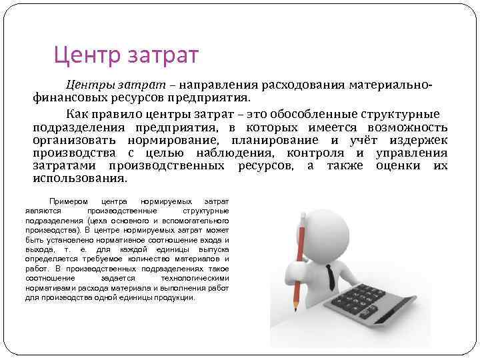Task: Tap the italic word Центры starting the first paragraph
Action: (89, 86)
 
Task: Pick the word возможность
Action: (407, 127)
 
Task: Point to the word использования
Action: (79, 179)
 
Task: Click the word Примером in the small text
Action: (65, 201)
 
